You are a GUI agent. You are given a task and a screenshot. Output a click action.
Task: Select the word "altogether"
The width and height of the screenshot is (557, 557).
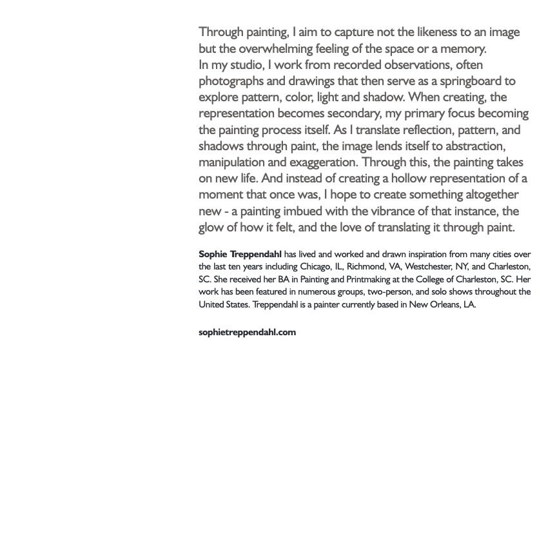click(x=488, y=195)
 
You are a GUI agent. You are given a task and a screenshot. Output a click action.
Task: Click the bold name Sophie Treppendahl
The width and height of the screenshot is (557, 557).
click(x=240, y=254)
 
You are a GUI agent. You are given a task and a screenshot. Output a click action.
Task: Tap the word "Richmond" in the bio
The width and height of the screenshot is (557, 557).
click(x=366, y=266)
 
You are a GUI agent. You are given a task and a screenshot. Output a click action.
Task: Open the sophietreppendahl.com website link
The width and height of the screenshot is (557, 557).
click(x=247, y=332)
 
